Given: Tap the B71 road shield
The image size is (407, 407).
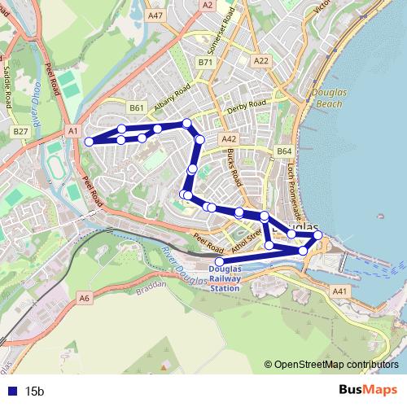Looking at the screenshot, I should pyautogui.click(x=205, y=62).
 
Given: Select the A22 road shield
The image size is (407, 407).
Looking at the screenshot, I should pyautogui.click(x=261, y=61).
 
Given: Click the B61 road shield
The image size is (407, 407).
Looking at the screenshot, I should pyautogui.click(x=137, y=107).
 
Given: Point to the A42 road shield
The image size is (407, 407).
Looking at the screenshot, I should pyautogui.click(x=229, y=139).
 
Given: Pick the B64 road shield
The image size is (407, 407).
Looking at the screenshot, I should pyautogui.click(x=283, y=151).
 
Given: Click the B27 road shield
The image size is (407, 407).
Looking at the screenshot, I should pyautogui.click(x=20, y=131).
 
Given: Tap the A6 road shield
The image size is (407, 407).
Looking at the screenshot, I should pyautogui.click(x=85, y=299).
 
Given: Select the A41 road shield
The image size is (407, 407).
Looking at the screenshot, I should pyautogui.click(x=339, y=291).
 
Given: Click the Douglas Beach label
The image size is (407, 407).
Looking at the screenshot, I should pyautogui.click(x=330, y=98).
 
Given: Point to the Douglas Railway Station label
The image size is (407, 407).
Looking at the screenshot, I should pyautogui.click(x=225, y=278).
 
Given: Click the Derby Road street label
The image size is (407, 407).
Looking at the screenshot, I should pyautogui.click(x=247, y=107).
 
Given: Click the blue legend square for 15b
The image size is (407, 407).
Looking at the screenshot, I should pyautogui.click(x=11, y=391).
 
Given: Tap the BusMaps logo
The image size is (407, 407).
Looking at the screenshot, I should pyautogui.click(x=368, y=390).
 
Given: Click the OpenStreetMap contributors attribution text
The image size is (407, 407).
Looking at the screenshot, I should pyautogui.click(x=336, y=365).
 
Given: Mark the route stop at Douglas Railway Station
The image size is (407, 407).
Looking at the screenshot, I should pyautogui.click(x=217, y=261).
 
